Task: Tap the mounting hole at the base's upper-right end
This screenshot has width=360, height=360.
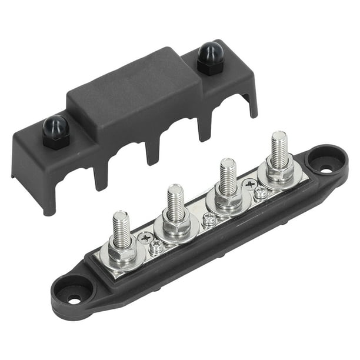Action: click(326, 167)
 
